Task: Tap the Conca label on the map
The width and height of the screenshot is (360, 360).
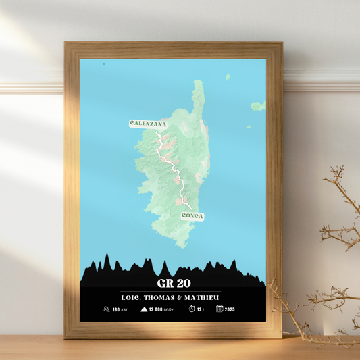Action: point(192,216)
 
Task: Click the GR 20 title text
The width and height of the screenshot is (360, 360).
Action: point(173,282)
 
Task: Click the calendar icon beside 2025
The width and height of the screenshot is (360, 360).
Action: point(220,309)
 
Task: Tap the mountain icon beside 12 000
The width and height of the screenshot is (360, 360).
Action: point(144,309)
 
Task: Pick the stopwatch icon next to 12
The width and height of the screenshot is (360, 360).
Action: point(192,309)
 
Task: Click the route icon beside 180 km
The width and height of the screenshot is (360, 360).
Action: point(107,309)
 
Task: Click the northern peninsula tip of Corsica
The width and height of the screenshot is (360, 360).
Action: point(198,82)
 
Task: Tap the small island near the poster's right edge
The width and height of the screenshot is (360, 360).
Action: point(257,106)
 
